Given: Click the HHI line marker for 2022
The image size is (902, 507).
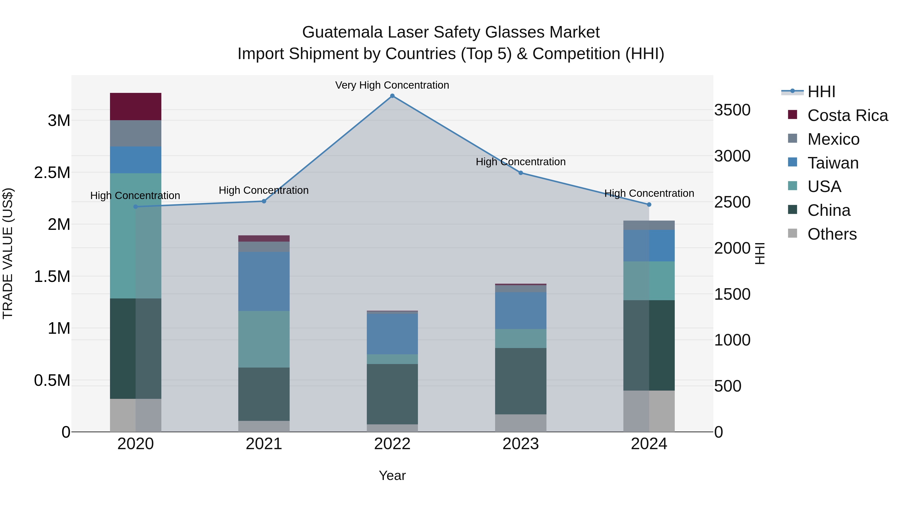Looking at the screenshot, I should pos(392,96).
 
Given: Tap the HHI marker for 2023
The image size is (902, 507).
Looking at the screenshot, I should pos(521,173).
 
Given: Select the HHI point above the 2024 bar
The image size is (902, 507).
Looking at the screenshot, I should pos(649,204).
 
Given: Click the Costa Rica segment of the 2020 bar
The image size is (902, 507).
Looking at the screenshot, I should pos(136,107).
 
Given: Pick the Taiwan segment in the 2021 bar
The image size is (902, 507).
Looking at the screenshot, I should pos(264,281).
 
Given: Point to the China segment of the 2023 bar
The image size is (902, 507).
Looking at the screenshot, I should pos(521,381).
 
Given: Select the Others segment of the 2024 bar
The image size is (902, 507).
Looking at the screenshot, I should pos(649,411).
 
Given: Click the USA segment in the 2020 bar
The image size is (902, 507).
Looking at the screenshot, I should pos(136,236).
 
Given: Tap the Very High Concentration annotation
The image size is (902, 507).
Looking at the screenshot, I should pos(392,85).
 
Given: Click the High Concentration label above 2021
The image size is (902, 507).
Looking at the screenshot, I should pos(264,190).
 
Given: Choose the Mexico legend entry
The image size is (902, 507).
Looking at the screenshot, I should pos(833,139).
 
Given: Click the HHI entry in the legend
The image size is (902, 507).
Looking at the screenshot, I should pos(821,92).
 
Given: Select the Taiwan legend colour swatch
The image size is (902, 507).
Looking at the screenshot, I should pos(793,162).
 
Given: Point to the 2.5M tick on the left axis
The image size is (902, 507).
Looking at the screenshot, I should pos(52,173).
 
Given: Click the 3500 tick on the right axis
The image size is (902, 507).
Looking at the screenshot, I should pos(732,110).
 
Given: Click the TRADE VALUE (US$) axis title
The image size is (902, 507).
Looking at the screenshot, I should pos(8,253).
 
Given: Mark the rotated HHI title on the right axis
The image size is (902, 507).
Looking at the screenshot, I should pos(760,253).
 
